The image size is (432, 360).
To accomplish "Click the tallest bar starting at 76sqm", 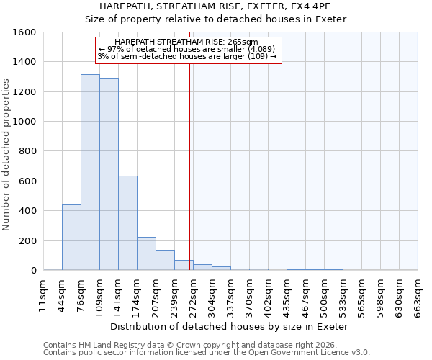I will (90, 173).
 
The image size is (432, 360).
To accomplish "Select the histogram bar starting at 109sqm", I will (109, 175).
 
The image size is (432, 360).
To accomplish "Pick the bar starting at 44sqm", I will (71, 238).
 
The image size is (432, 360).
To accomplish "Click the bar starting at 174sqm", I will (146, 253).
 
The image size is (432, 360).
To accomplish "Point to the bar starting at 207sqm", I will (165, 260).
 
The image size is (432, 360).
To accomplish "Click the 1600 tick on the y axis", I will (24, 32).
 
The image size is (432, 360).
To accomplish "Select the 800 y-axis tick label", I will (27, 151).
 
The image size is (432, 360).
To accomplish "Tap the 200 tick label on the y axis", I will (27, 240).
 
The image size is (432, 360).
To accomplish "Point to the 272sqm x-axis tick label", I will (193, 295).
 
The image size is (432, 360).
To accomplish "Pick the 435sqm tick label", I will (287, 295).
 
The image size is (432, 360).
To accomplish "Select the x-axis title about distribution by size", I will (230, 326).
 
